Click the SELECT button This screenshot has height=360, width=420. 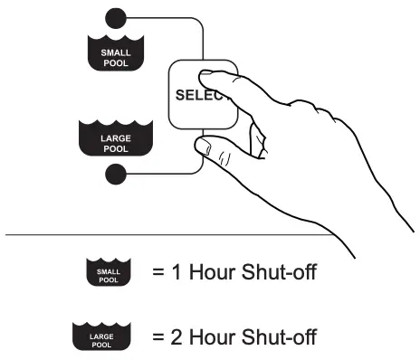point(186,95)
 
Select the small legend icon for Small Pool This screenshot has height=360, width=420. point(109,271)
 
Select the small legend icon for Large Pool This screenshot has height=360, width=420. point(109,337)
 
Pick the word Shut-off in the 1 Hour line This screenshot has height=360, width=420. point(276,271)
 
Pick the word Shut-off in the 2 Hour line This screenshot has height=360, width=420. point(276,337)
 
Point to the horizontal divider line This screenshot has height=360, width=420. point(136,234)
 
